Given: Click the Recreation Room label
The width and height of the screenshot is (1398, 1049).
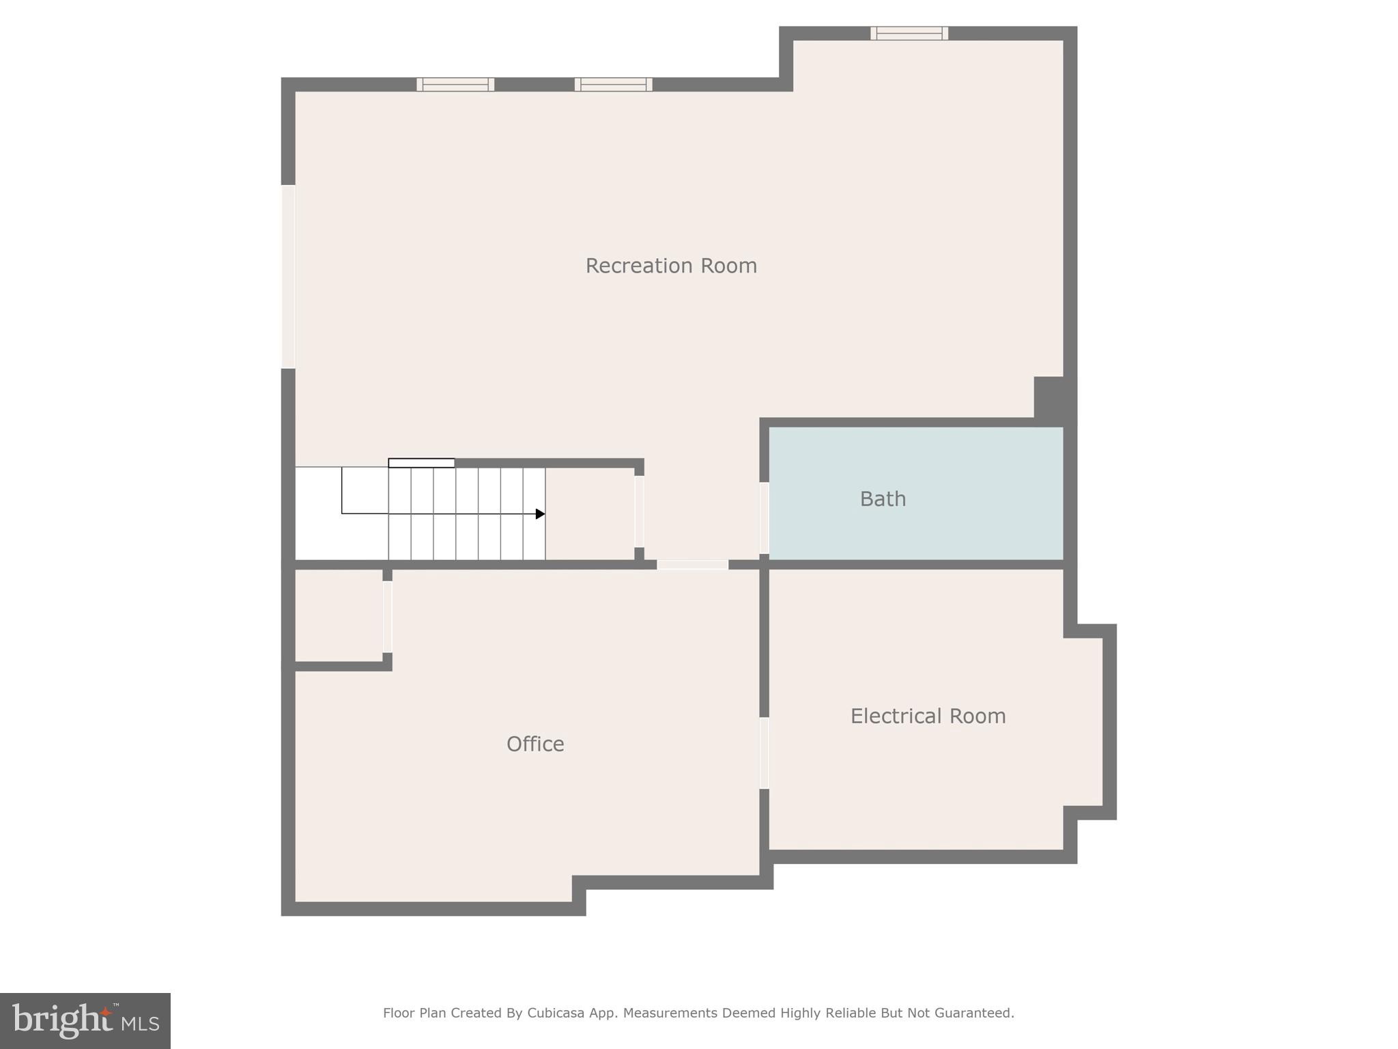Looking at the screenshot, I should click(671, 266).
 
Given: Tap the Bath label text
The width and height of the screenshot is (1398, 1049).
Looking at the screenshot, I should click(883, 499).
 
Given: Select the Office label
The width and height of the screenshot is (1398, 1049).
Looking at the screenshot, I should click(535, 744).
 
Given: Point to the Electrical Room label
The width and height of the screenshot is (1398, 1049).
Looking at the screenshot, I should click(928, 716).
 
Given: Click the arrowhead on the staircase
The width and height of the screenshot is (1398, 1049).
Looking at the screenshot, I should click(540, 514).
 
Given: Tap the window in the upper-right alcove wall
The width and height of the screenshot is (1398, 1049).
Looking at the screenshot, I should click(909, 33).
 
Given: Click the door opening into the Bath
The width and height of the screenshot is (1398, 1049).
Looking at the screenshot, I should click(765, 518).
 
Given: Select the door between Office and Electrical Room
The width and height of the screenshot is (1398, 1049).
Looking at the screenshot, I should click(765, 753).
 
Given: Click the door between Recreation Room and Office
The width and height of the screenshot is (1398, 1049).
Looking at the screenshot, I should click(692, 565).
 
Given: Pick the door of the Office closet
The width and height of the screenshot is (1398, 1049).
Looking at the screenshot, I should click(387, 616).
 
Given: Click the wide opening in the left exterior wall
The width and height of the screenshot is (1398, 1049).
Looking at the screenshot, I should click(288, 277).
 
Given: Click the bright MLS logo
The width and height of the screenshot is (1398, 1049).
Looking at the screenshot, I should click(85, 1021).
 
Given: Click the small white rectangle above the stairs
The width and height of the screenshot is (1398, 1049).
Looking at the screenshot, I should click(421, 463).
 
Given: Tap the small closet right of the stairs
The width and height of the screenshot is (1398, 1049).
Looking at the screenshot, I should click(590, 514).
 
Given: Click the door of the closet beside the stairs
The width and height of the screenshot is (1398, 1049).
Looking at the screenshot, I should click(639, 512).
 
